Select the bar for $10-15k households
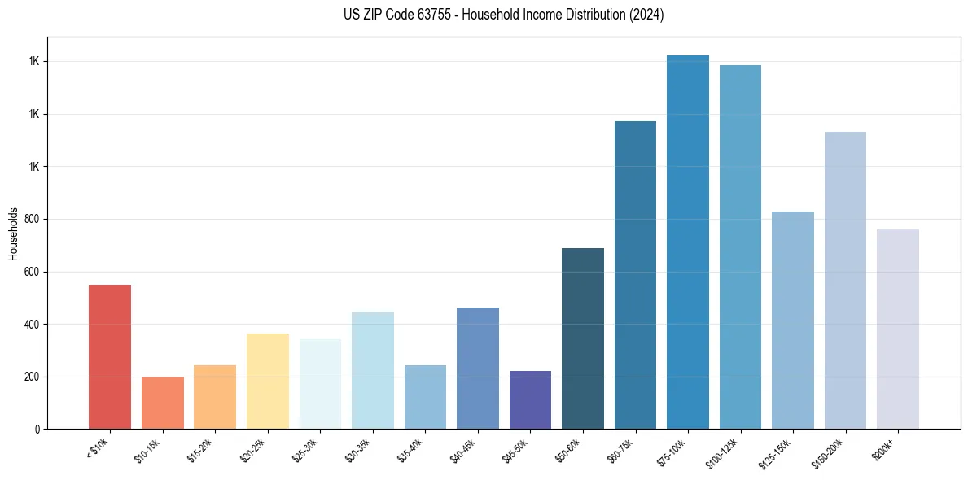pos(162,403)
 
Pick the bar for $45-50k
pos(530,399)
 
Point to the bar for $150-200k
pos(845,280)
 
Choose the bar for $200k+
pos(898,329)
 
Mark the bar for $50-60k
pos(583,338)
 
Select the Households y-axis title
pos(13,233)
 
